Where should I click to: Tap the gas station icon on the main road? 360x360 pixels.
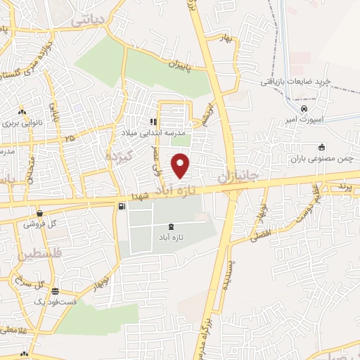click(x=123, y=206)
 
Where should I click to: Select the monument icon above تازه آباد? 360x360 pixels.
click(x=172, y=226)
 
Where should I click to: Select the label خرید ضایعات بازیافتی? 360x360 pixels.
click(x=296, y=82)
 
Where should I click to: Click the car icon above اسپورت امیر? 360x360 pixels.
click(x=303, y=109)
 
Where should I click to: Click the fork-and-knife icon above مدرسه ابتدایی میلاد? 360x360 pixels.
click(x=153, y=121)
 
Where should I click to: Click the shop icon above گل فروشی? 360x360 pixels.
click(x=40, y=212)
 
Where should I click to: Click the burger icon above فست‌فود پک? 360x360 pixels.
click(x=55, y=292)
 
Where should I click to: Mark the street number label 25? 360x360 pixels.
click(x=68, y=139)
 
